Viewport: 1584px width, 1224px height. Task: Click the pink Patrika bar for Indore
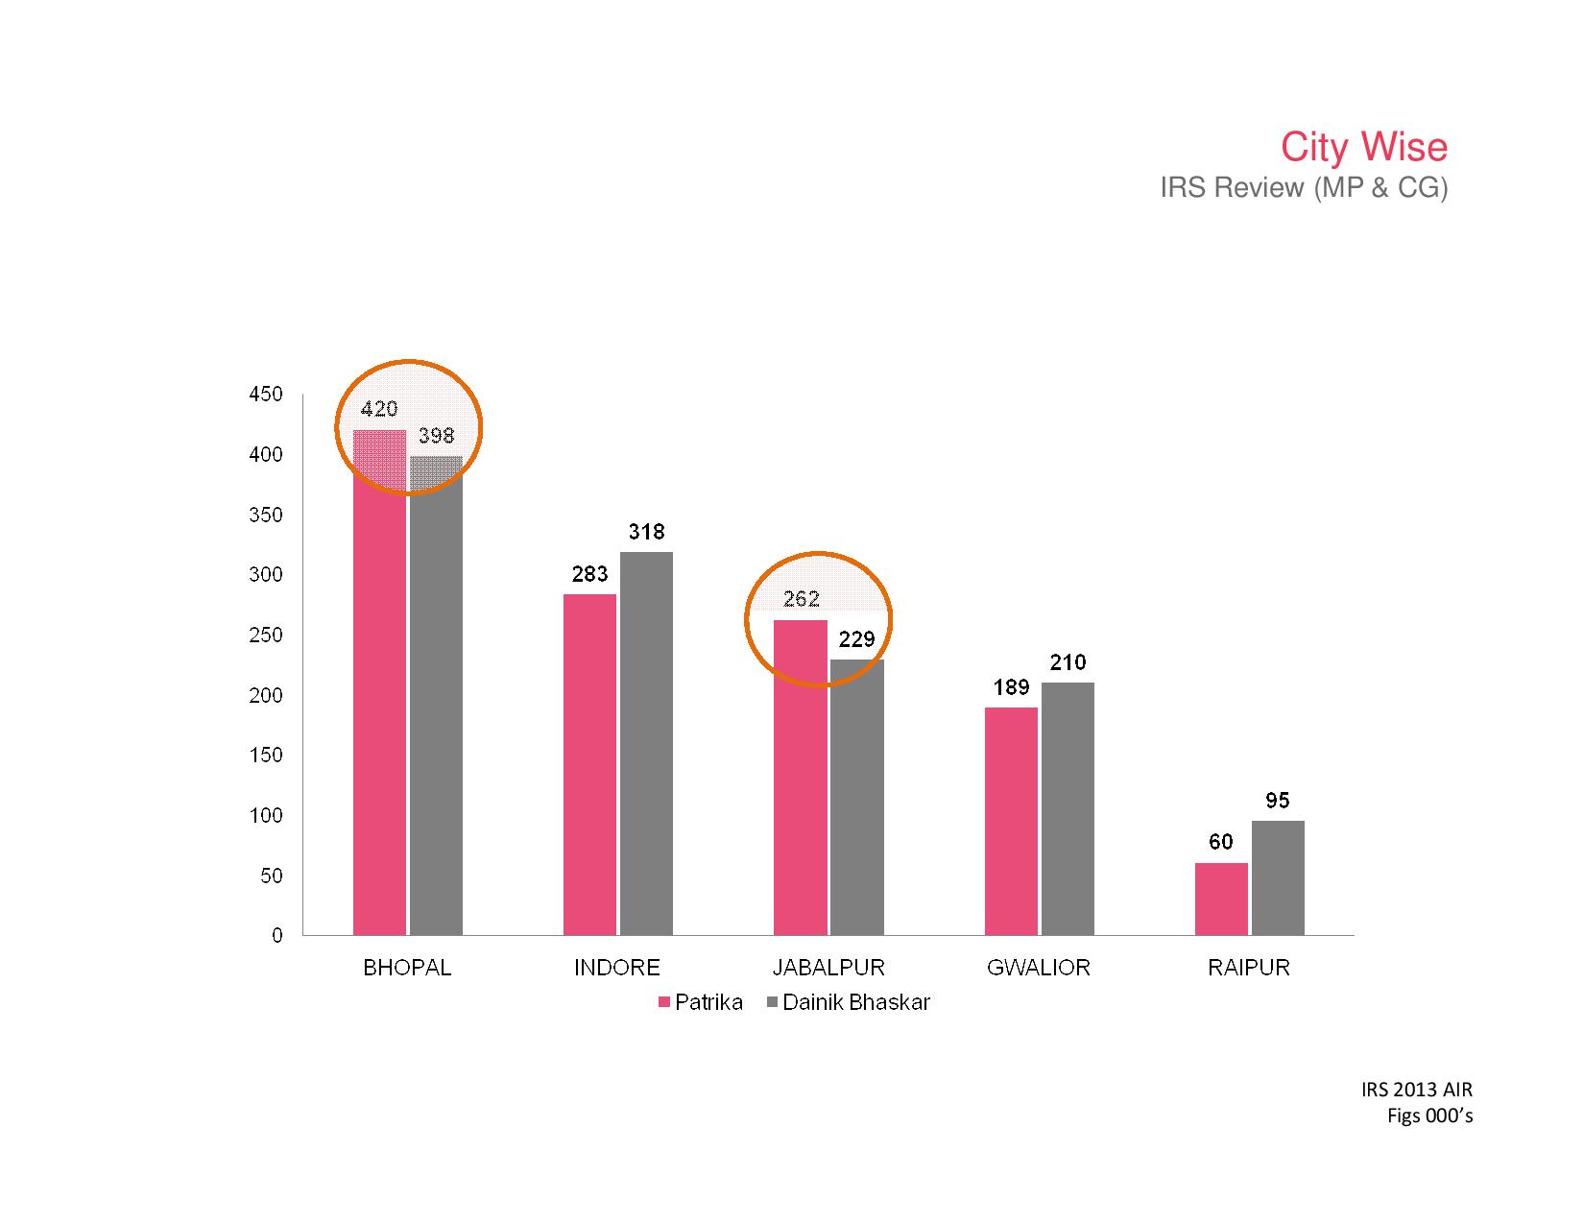click(589, 764)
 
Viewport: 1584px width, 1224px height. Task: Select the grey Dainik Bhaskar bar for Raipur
click(1278, 877)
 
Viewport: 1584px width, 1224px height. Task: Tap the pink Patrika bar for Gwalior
click(1011, 821)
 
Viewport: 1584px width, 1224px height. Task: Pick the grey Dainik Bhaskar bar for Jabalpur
click(856, 797)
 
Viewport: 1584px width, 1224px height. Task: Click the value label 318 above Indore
click(646, 532)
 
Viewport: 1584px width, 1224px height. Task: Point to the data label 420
click(379, 409)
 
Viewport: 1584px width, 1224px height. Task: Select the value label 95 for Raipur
click(1278, 801)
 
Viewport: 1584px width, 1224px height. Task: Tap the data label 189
click(1012, 687)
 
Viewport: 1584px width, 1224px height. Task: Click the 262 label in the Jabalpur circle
click(802, 599)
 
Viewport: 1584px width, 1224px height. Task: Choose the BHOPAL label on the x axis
click(407, 968)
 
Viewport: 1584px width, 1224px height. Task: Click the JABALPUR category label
click(828, 968)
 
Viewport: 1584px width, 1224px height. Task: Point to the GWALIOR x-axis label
click(1039, 968)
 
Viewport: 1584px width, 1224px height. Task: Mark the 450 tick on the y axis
click(266, 395)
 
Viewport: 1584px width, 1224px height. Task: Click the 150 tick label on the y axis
click(266, 756)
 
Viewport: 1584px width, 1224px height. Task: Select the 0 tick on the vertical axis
click(277, 935)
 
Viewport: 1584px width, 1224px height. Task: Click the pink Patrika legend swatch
click(663, 1003)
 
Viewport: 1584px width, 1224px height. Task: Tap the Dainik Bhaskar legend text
click(856, 1003)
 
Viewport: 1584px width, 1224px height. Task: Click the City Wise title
click(1363, 147)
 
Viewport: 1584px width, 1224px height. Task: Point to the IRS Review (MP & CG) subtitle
click(1303, 188)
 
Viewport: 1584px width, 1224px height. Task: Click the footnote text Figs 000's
click(1429, 1116)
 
